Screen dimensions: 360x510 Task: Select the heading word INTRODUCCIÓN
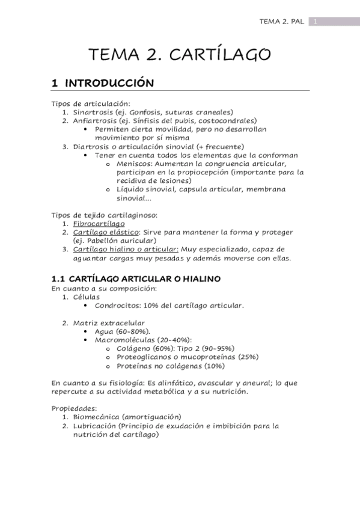tap(109, 83)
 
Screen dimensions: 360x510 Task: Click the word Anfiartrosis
tap(95, 120)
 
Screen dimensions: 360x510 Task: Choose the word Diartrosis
tap(91, 146)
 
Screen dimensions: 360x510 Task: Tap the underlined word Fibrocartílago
tap(94, 224)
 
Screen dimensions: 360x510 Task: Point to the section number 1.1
tap(58, 279)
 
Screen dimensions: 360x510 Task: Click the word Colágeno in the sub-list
tap(135, 348)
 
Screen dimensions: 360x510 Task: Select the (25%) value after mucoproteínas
tap(248, 357)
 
